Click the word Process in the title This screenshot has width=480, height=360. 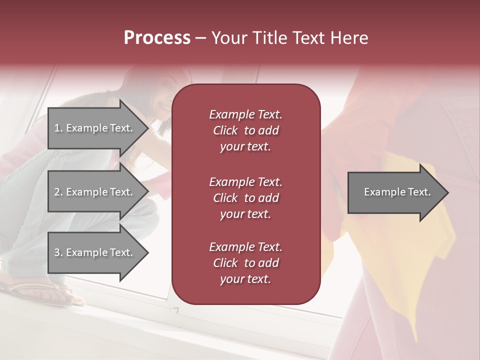(x=157, y=38)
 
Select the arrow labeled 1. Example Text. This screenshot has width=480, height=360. (x=95, y=128)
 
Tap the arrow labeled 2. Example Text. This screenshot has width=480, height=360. (x=95, y=192)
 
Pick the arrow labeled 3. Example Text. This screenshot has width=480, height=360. (x=95, y=252)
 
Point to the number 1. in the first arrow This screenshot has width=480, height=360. (x=58, y=128)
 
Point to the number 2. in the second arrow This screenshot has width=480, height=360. (x=58, y=192)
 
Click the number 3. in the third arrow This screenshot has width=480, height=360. (x=58, y=252)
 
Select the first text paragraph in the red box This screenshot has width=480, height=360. (x=245, y=130)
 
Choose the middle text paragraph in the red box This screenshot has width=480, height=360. (x=245, y=198)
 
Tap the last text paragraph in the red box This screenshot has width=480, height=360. (x=245, y=263)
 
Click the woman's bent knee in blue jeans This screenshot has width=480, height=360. (x=30, y=170)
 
